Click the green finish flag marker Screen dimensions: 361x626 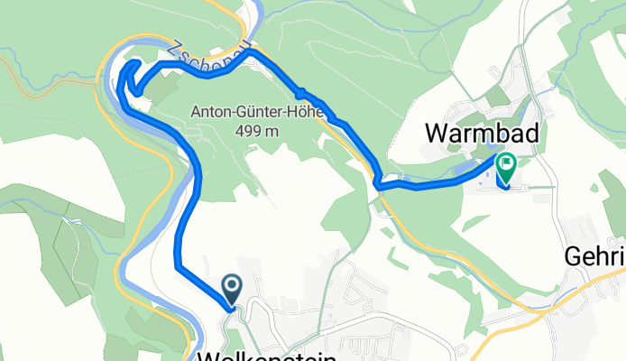click(505, 166)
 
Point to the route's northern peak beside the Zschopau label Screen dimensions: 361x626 click(252, 51)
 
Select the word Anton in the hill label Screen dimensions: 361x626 click(209, 112)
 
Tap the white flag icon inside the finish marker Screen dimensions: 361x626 click(506, 164)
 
